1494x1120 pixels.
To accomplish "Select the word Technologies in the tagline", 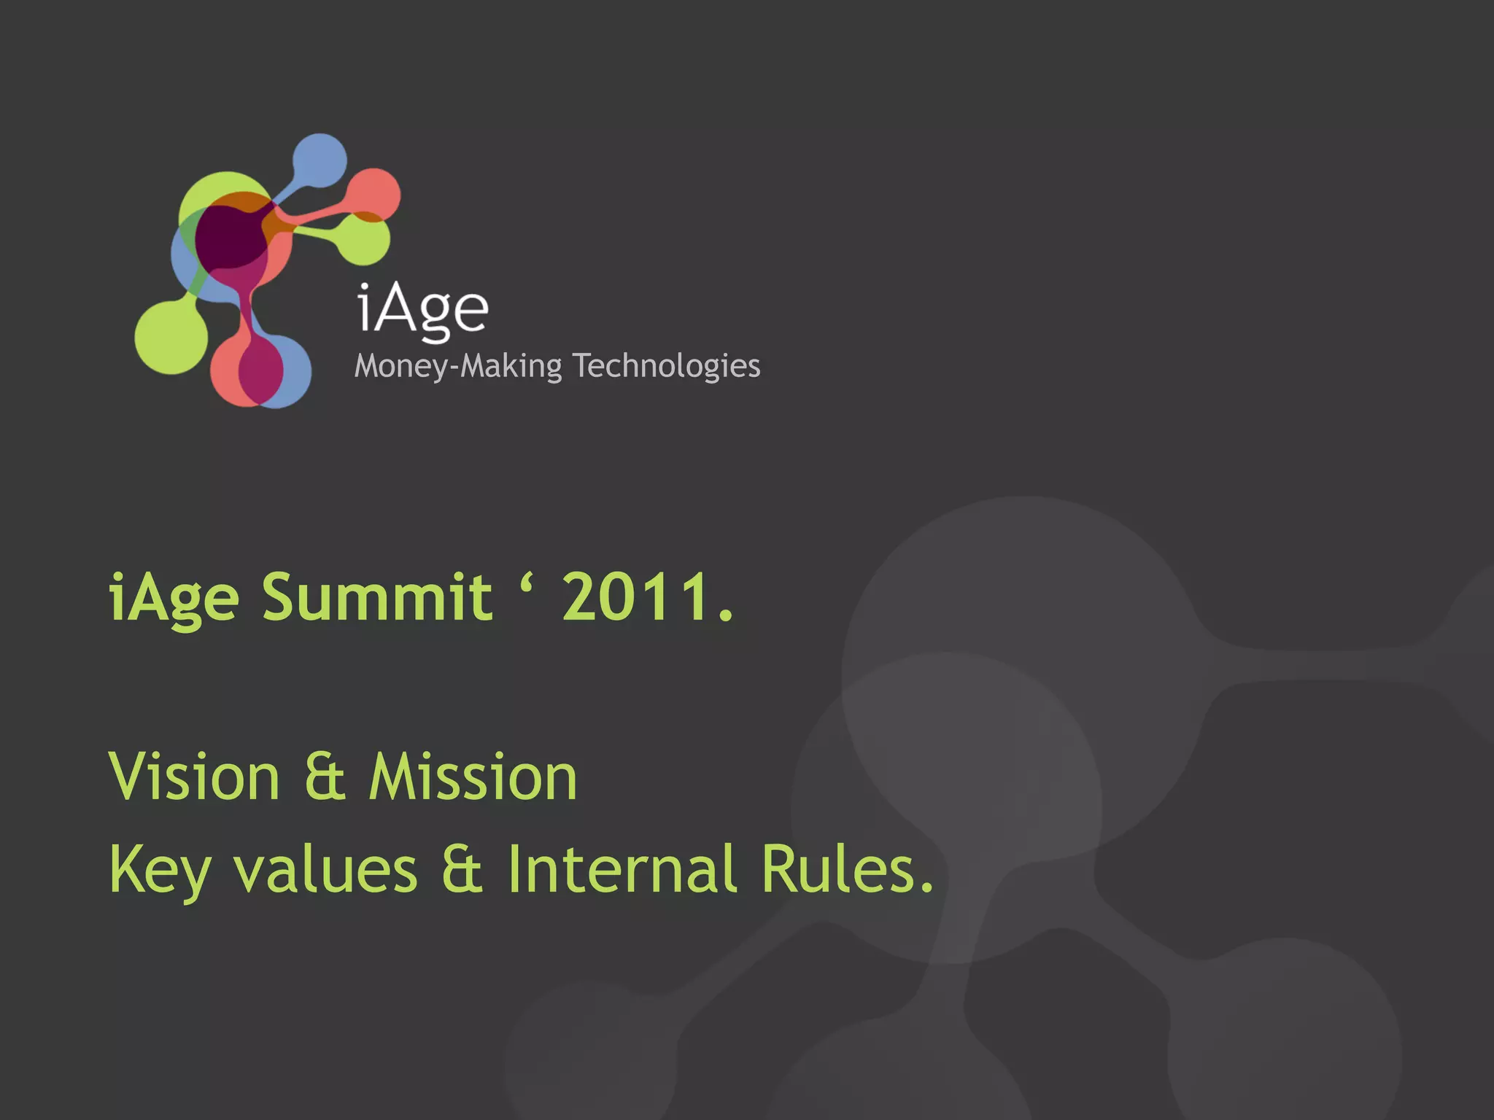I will pyautogui.click(x=665, y=366).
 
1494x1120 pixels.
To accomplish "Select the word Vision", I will pyautogui.click(x=194, y=777).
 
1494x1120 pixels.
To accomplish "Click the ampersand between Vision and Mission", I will pyautogui.click(x=325, y=777).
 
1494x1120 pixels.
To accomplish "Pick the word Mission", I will pyautogui.click(x=473, y=777).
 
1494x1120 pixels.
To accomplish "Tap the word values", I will pyautogui.click(x=325, y=869).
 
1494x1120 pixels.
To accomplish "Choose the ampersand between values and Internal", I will pyautogui.click(x=462, y=869).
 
